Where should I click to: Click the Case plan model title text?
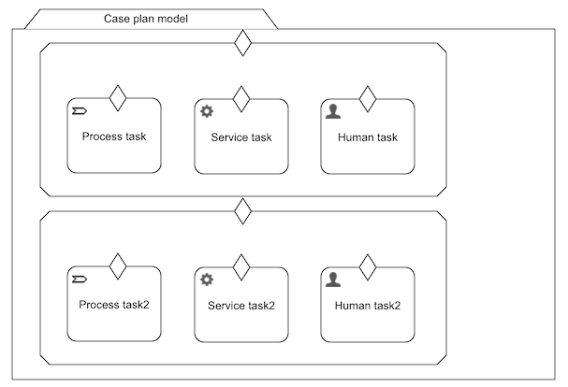(x=146, y=18)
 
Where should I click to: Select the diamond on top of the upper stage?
(x=242, y=43)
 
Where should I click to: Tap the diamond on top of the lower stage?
(x=242, y=211)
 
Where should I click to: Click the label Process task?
(x=114, y=136)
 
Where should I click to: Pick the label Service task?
(x=241, y=137)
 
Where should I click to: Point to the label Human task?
(x=367, y=137)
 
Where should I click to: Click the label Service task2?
(x=241, y=306)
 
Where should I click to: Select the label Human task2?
(x=367, y=306)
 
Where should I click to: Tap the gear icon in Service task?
(x=207, y=111)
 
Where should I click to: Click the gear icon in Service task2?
(x=207, y=279)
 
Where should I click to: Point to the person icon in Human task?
(x=332, y=111)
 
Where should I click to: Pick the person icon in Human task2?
(x=332, y=279)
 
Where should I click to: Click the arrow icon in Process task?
(x=80, y=111)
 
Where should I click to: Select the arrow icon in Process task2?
(x=80, y=279)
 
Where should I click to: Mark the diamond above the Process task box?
(x=117, y=98)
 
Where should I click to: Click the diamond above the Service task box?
(x=241, y=98)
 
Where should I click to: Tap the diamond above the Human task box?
(x=367, y=98)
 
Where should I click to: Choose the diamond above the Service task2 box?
(x=241, y=266)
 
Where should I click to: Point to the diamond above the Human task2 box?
(x=367, y=266)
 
